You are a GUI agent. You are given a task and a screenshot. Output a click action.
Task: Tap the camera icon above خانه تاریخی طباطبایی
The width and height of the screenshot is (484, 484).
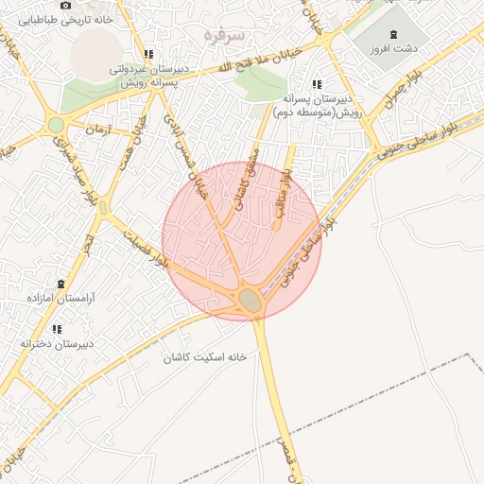tap(64, 5)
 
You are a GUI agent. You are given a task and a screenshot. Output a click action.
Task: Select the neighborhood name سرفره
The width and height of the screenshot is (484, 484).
tap(224, 35)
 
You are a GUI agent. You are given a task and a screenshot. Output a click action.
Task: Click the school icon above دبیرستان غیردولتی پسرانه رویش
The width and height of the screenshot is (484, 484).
tap(148, 54)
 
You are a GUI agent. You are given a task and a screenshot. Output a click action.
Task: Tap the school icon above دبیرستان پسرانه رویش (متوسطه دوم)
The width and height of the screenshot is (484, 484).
tap(317, 84)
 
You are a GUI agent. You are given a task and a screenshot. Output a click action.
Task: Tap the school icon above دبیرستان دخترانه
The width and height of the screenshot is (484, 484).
tap(57, 329)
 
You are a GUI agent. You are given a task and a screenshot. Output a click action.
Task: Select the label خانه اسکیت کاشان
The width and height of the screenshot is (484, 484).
tap(205, 357)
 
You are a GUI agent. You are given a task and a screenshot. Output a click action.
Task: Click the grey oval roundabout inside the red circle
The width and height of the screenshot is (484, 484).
tap(251, 300)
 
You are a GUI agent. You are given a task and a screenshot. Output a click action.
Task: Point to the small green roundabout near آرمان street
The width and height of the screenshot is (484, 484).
tap(57, 125)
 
